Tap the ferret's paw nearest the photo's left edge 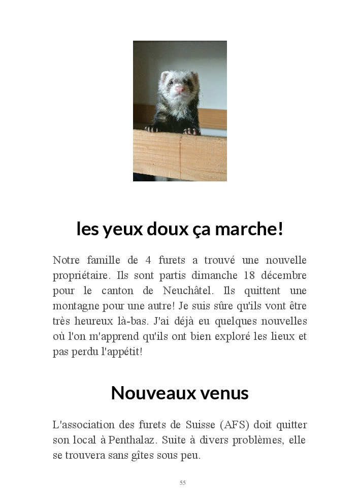click(151, 129)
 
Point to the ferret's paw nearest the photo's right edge click(191, 131)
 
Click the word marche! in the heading click(249, 229)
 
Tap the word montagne click(75, 306)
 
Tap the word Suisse click(186, 425)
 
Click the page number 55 click(183, 483)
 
